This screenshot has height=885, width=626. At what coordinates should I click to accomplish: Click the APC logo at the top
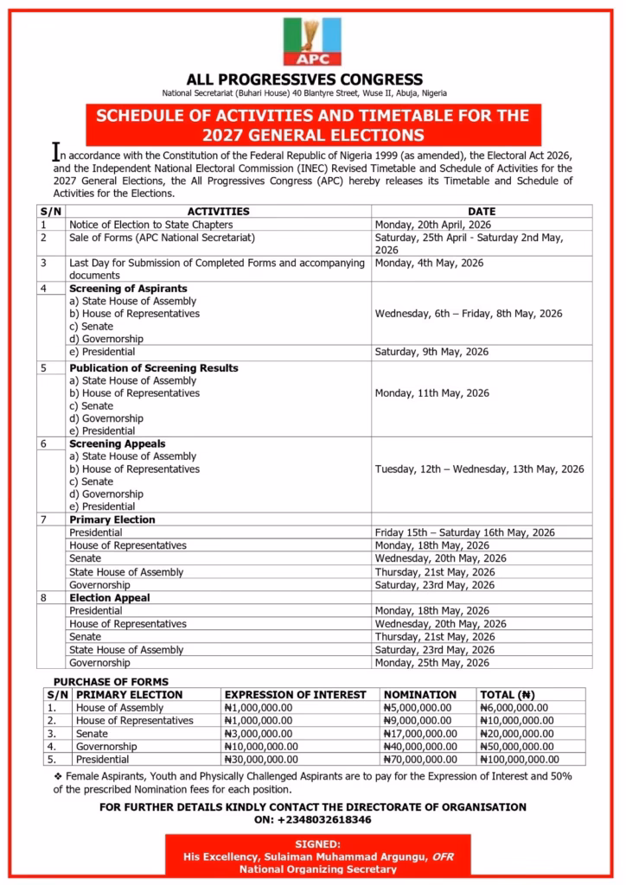[x=312, y=41]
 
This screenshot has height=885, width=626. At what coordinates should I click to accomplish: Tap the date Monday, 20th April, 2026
[x=431, y=225]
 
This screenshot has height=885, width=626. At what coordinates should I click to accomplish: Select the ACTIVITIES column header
[x=219, y=212]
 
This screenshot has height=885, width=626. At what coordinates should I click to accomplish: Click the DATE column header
[x=482, y=212]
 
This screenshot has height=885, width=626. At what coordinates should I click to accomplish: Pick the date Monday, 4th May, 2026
[x=429, y=263]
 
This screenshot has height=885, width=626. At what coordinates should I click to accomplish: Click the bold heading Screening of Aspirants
[x=128, y=289]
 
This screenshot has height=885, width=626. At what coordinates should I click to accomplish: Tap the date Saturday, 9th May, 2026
[x=431, y=352]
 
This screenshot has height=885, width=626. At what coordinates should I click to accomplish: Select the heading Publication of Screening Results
[x=154, y=368]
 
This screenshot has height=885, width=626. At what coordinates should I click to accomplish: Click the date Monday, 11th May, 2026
[x=431, y=393]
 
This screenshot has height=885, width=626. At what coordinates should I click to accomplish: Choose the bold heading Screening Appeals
[x=118, y=444]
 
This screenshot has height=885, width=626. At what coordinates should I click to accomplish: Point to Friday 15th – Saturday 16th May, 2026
[x=464, y=533]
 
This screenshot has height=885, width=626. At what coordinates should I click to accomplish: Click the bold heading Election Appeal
[x=110, y=597]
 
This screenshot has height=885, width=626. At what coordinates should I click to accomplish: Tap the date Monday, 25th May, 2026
[x=431, y=663]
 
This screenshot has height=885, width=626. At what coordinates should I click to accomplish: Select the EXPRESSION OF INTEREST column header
[x=300, y=695]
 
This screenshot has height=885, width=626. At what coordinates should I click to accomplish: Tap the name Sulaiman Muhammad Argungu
[x=347, y=856]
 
